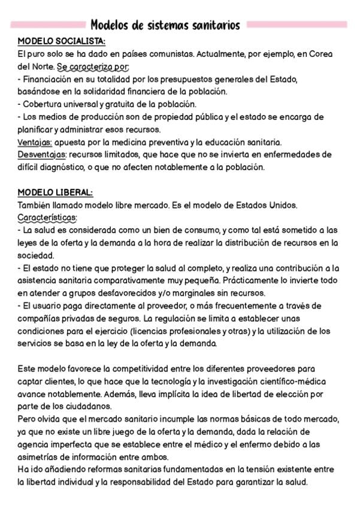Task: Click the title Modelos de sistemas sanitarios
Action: coord(165,25)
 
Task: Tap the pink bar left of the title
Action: coord(49,25)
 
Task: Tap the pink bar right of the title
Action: coord(297,25)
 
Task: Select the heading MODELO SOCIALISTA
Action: coord(61,41)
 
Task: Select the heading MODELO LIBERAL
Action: coord(55,193)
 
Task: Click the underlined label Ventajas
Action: coord(35,142)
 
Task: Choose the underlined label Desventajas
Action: coord(42,155)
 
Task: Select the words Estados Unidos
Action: coord(268,205)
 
